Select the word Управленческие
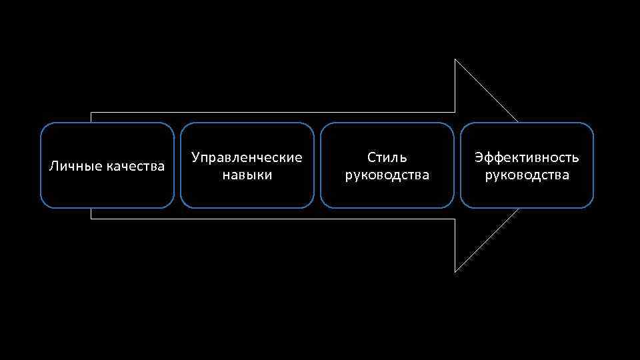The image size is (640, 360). click(x=247, y=158)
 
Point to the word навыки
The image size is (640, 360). click(x=247, y=175)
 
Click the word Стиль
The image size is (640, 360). click(x=387, y=158)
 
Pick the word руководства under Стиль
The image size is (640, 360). click(x=387, y=175)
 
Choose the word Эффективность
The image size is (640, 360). click(x=527, y=158)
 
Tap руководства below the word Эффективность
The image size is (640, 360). click(x=527, y=175)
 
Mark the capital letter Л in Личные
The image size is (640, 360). click(x=54, y=166)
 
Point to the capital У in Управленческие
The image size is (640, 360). click(x=195, y=158)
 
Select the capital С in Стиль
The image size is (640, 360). click(x=371, y=158)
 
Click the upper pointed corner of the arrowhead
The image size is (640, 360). click(x=455, y=60)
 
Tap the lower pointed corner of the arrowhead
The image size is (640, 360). click(x=455, y=272)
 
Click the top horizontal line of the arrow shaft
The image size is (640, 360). click(x=267, y=112)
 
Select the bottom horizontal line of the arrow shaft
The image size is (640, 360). click(x=267, y=219)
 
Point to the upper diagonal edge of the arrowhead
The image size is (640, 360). click(x=487, y=91)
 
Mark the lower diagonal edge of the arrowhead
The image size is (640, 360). click(x=487, y=241)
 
